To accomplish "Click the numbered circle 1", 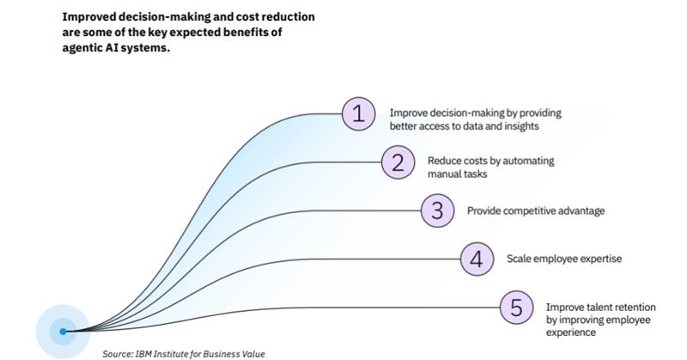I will pyautogui.click(x=358, y=115).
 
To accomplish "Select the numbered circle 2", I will pyautogui.click(x=398, y=163).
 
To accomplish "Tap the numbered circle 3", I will pyautogui.click(x=437, y=211).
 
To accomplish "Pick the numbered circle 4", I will pyautogui.click(x=477, y=259).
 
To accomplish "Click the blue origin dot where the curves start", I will pyautogui.click(x=63, y=331).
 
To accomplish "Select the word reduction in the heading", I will pyautogui.click(x=265, y=17).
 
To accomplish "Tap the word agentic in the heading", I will pyautogui.click(x=83, y=47).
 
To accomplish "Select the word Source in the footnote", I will pyautogui.click(x=118, y=353).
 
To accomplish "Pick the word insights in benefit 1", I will pyautogui.click(x=518, y=127).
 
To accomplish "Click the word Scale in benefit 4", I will pyautogui.click(x=520, y=259).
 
